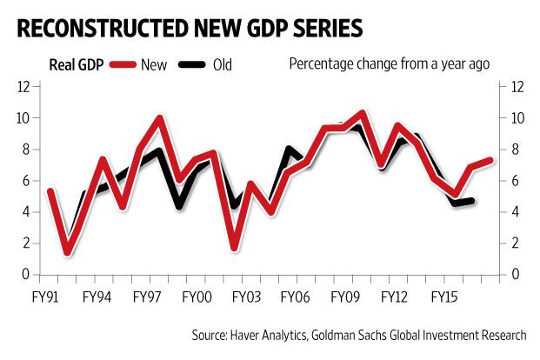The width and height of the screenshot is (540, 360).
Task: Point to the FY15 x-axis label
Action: click(x=448, y=297)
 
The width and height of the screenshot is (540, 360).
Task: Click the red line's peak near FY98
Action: click(x=160, y=117)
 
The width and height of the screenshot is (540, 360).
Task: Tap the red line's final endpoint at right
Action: click(x=491, y=161)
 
